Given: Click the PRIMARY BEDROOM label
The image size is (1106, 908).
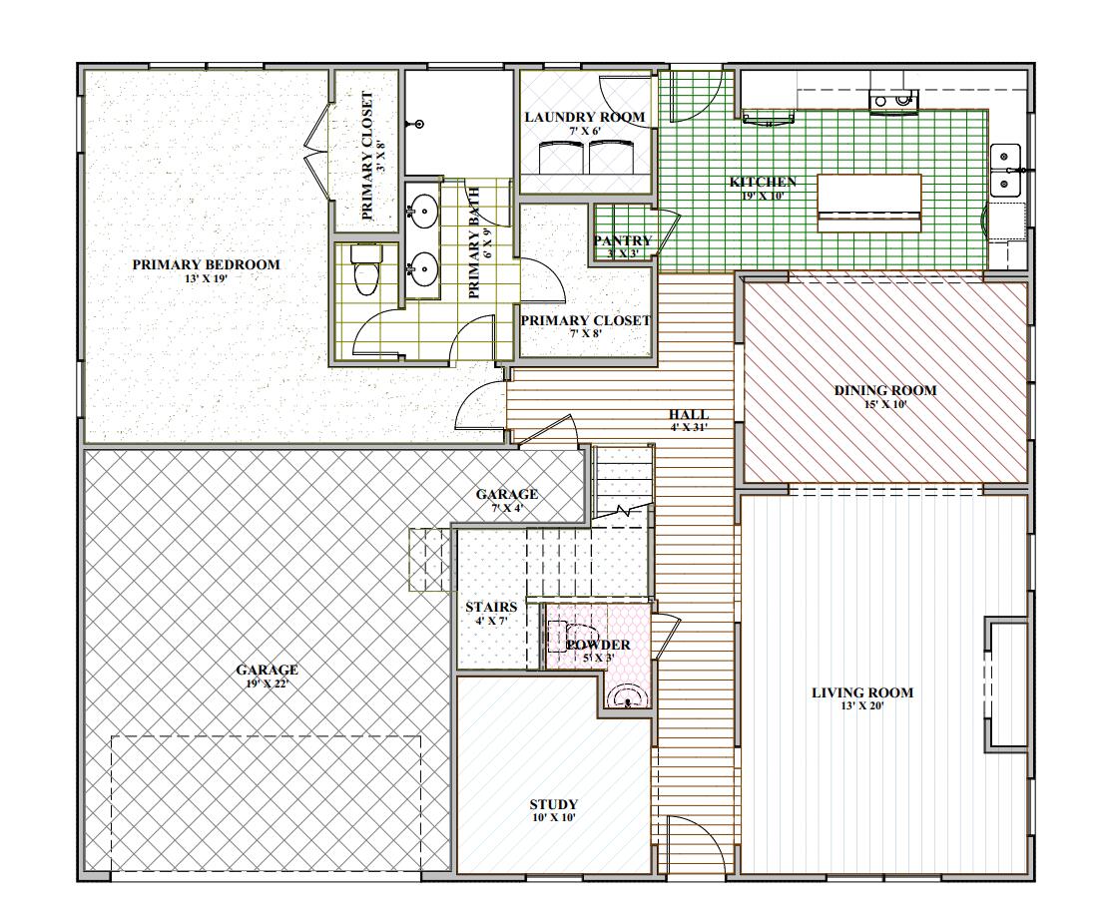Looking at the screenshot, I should tap(206, 264).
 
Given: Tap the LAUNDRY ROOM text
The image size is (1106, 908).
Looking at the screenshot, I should tap(584, 117).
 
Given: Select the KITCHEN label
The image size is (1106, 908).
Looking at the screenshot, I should tap(763, 182).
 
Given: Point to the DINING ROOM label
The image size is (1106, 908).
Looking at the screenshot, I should tap(884, 390).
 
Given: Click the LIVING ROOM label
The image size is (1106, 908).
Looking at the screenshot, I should tap(861, 692).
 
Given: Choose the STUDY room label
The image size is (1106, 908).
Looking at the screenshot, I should tap(553, 804).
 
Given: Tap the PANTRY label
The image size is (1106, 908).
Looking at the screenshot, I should tap(622, 240).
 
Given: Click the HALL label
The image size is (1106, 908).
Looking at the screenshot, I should tap(689, 414).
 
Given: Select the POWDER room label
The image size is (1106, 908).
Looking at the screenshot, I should tap(598, 645).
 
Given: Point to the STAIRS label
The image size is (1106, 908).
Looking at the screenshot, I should tap(491, 607).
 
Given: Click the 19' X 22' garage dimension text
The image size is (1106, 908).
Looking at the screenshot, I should tap(267, 683).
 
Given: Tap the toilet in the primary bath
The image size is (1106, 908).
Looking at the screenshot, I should tap(365, 270).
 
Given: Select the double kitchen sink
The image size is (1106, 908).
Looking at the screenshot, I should tap(1005, 170).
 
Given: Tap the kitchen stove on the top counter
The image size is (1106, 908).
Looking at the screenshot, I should tap(893, 99).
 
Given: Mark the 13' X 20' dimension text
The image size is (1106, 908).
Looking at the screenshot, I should tap(861, 706).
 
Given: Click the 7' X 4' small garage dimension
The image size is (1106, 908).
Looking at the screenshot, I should tap(506, 508).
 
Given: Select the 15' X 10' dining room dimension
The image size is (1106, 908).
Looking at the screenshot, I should tap(884, 404).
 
